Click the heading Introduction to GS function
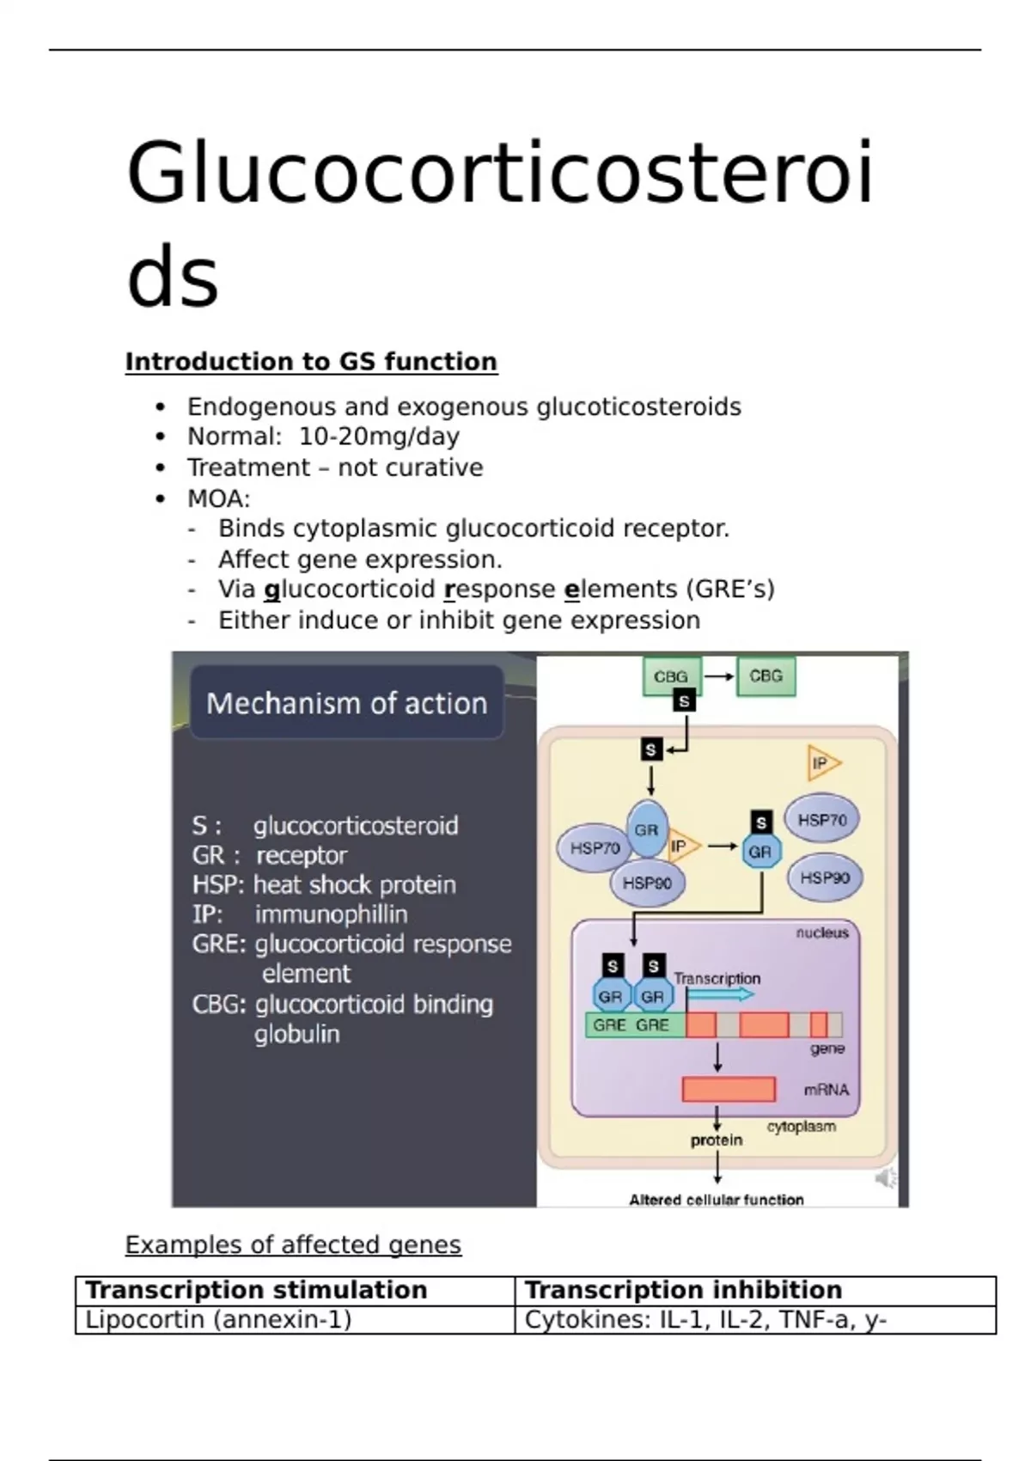point(311,362)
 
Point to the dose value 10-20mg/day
point(379,437)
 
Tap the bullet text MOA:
point(218,498)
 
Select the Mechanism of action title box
point(346,703)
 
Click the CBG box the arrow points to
point(766,676)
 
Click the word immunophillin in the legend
point(331,914)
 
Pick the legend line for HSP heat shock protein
point(324,884)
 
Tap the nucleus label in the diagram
point(821,932)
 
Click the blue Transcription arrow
point(721,994)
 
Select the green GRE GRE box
point(634,1024)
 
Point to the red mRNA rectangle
point(729,1089)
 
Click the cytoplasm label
point(801,1127)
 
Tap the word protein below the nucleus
point(717,1140)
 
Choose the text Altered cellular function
point(717,1200)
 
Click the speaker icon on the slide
point(885,1178)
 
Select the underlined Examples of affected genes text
point(293,1244)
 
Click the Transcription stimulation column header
point(256,1290)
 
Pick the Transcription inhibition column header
point(683,1290)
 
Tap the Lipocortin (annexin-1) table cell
point(219,1319)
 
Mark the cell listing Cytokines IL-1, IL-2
point(705,1319)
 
